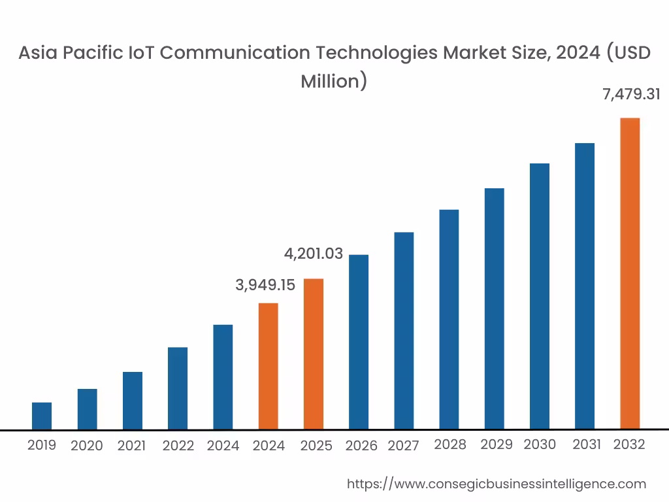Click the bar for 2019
point(42,416)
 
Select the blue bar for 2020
point(87,409)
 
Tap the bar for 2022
point(178,388)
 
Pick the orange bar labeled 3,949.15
point(269,366)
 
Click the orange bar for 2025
point(314,354)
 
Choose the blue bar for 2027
point(404,331)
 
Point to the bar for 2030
point(540,296)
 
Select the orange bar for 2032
point(630,274)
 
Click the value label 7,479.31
point(630,94)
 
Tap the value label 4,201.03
point(314,254)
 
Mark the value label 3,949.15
point(265,285)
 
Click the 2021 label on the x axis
point(131,446)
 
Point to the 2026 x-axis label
point(361,446)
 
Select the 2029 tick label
point(497,444)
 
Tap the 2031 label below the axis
point(587,444)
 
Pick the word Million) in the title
point(334,81)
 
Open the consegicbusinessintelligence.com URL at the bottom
point(496,484)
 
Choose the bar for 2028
point(449,320)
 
